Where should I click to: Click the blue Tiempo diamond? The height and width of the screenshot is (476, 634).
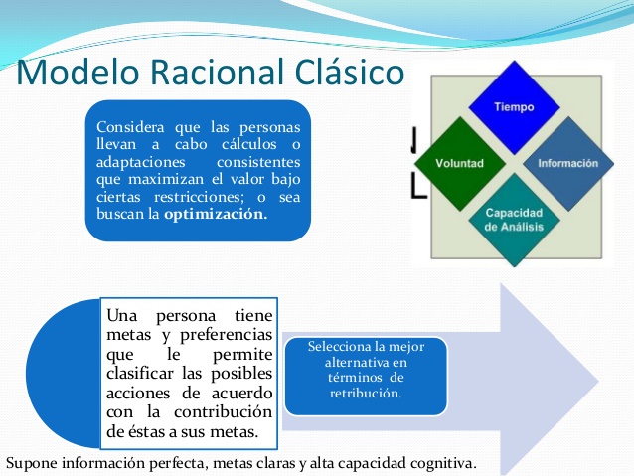pyautogui.click(x=514, y=106)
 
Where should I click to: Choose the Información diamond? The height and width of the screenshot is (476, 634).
pyautogui.click(x=567, y=162)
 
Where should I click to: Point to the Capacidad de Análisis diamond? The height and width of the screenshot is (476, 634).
pyautogui.click(x=513, y=219)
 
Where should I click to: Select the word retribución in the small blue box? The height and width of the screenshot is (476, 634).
pyautogui.click(x=365, y=394)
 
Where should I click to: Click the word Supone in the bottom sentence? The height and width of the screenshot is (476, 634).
pyautogui.click(x=31, y=464)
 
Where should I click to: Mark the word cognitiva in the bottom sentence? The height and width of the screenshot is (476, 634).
pyautogui.click(x=442, y=464)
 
